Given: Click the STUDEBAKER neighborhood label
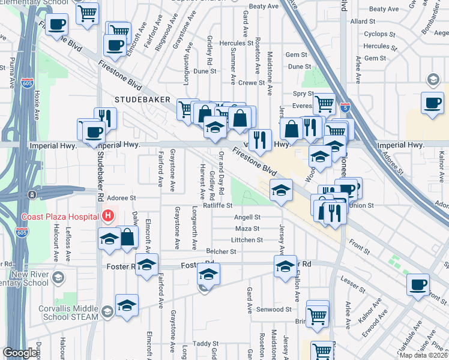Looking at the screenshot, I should [144, 99].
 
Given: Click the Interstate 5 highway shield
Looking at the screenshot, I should [345, 108].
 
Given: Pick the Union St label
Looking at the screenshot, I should [362, 205].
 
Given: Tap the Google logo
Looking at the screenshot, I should [20, 353].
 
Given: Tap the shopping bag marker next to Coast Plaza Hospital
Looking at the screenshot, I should [127, 237].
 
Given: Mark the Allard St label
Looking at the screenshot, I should [363, 21].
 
